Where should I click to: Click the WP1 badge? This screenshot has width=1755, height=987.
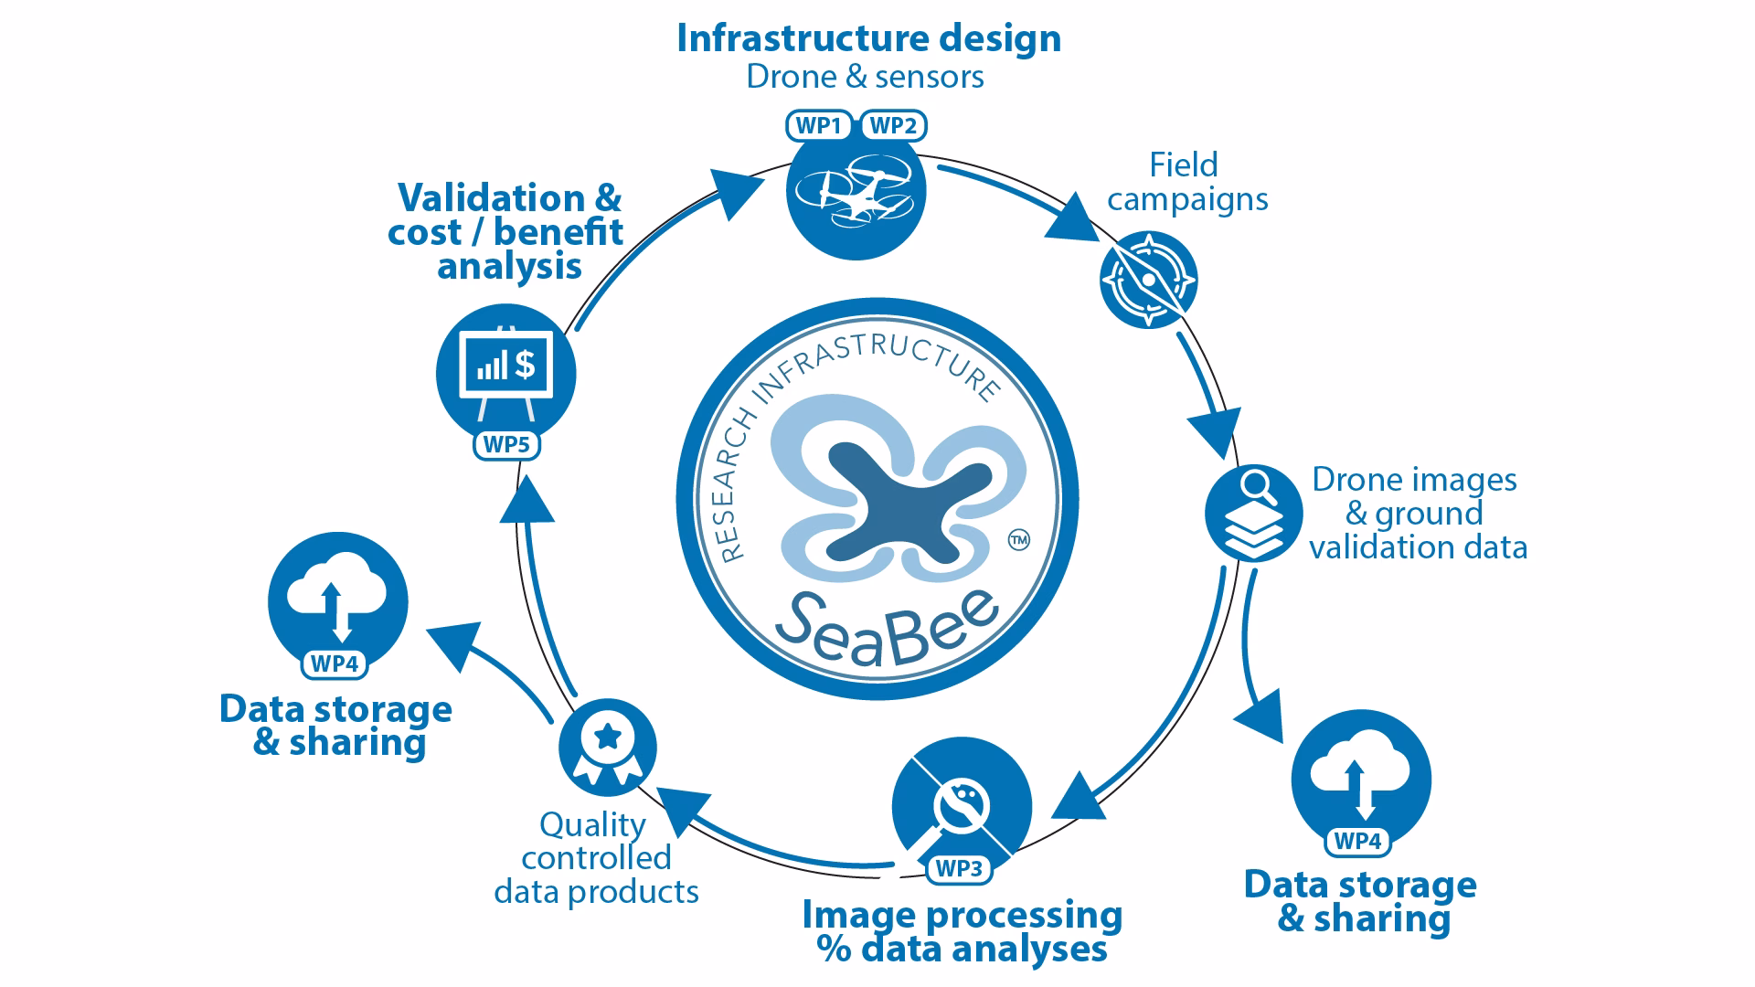point(819,126)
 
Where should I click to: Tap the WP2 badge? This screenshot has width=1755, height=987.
point(893,126)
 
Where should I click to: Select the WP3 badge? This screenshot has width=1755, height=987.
point(959,869)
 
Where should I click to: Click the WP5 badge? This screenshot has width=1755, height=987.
point(506,445)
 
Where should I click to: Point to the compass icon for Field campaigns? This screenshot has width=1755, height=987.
point(1148,280)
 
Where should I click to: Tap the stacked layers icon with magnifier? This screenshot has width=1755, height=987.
point(1253,512)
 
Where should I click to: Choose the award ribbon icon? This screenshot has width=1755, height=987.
point(607,748)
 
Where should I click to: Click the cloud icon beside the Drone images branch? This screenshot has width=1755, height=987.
point(1361,779)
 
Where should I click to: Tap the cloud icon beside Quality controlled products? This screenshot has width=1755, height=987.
point(337,601)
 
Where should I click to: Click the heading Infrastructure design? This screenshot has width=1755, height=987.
point(868,38)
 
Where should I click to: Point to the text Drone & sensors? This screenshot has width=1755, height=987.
point(865,77)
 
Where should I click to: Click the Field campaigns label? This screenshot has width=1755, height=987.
point(1186,182)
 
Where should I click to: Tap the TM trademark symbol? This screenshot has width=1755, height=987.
point(1017,540)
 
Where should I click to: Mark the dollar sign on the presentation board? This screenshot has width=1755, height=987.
point(525,365)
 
